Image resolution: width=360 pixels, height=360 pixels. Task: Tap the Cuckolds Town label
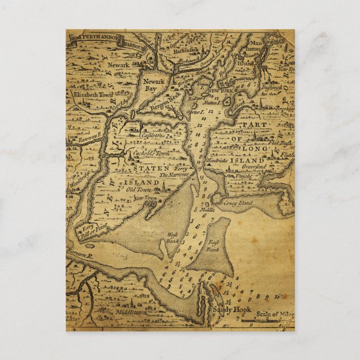point(146,153)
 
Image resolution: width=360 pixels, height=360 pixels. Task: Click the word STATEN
point(144,168)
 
